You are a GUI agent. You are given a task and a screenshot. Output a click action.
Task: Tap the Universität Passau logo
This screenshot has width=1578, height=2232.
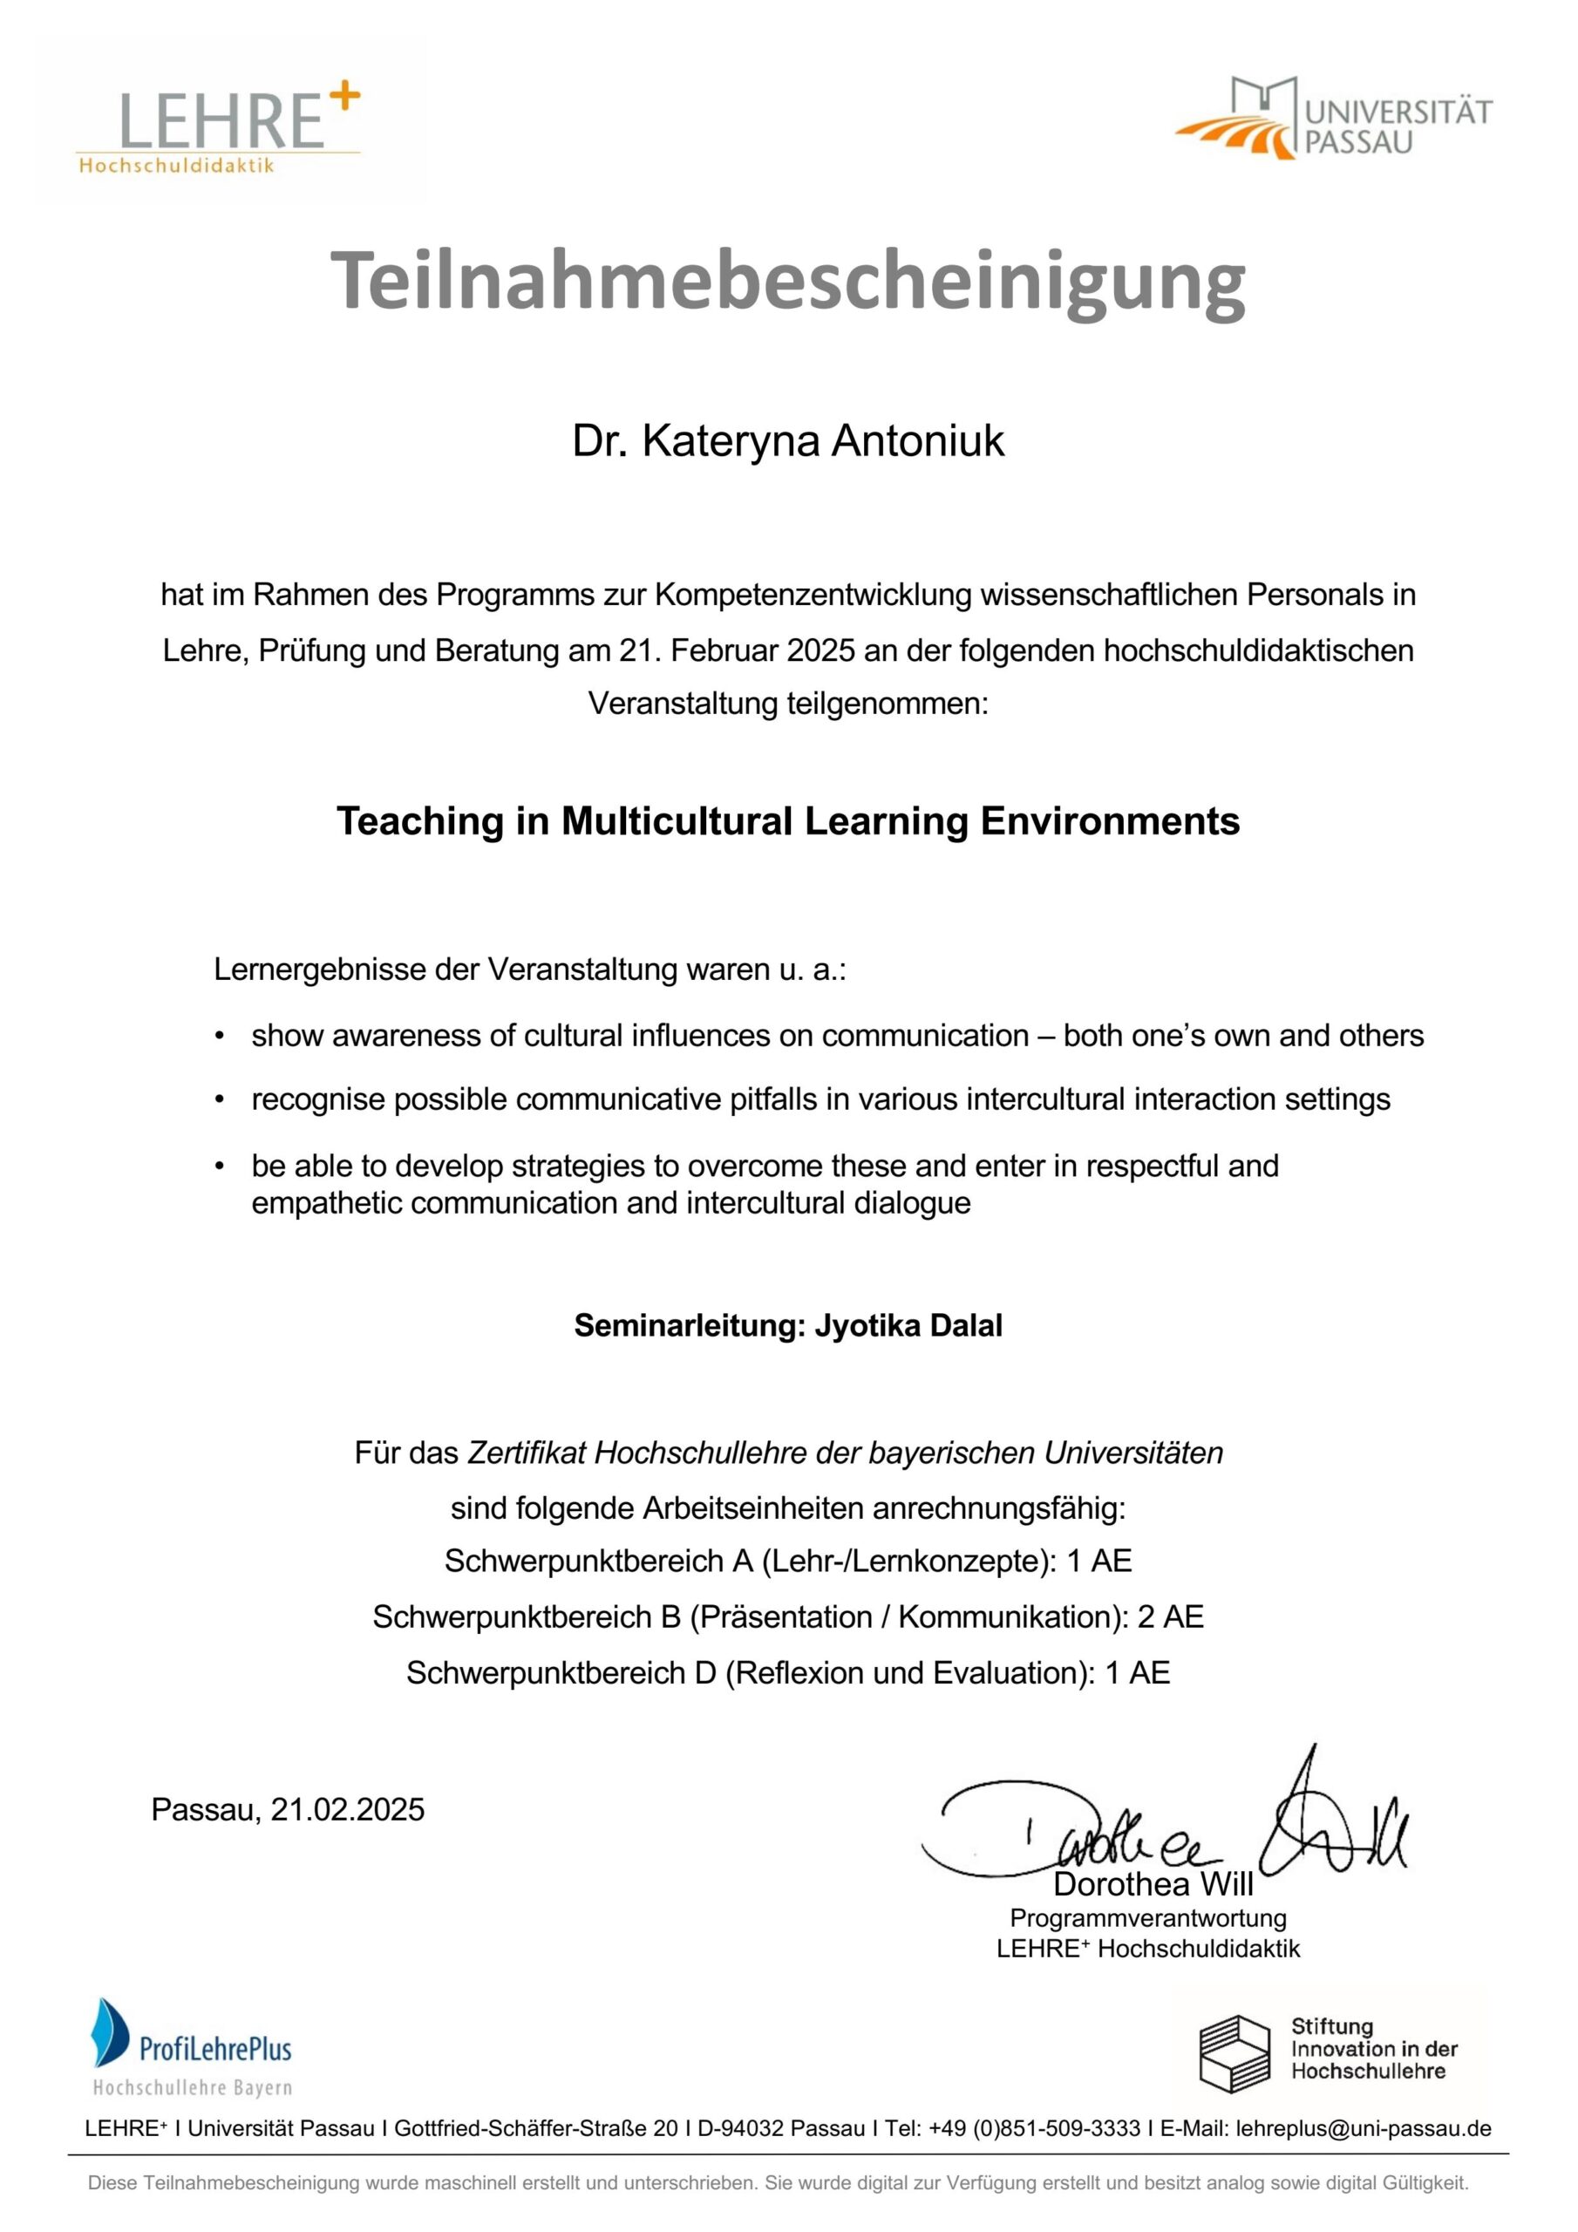click(x=1333, y=119)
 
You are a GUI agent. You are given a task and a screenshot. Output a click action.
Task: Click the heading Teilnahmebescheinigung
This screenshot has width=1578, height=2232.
click(x=787, y=279)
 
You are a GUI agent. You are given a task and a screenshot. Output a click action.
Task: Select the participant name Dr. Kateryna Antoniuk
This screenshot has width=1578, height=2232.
click(x=787, y=441)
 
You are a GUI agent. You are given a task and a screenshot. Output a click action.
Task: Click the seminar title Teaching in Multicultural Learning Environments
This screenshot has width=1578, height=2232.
click(x=787, y=821)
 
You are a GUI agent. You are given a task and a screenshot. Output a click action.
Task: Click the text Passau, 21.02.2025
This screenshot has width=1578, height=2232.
click(x=288, y=1809)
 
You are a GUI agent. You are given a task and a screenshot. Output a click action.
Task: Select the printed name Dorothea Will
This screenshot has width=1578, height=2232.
click(x=1153, y=1884)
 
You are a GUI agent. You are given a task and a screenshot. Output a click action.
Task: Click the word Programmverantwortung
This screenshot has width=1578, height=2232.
click(x=1147, y=1918)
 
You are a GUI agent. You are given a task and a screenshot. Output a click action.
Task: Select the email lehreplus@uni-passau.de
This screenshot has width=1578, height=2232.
click(x=1364, y=2128)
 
